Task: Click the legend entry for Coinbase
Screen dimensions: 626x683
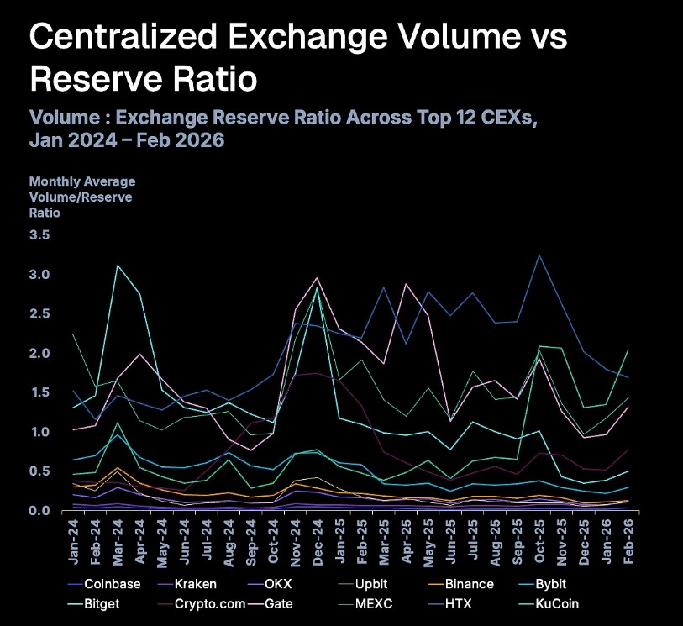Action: (x=112, y=584)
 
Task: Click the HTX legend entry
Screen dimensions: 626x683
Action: (x=460, y=603)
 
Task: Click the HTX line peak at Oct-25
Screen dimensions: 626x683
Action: (x=539, y=255)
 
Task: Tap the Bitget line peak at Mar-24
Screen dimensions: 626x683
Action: (x=118, y=266)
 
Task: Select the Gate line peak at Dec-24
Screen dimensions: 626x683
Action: (x=317, y=278)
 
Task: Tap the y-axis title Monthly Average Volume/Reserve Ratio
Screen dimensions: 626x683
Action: (x=81, y=197)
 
